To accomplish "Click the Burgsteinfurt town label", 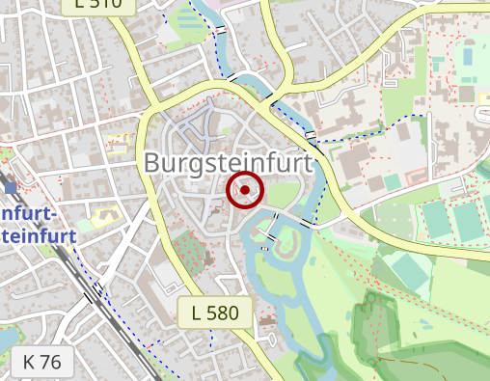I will tap(229, 163).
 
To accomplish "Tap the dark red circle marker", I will tap(245, 190).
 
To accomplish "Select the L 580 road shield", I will tap(214, 313).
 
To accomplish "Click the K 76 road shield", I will tap(42, 363).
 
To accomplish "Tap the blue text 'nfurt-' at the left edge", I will tap(30, 212).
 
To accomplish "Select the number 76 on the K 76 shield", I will tap(51, 363).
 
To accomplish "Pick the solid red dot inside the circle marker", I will tap(245, 190).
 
